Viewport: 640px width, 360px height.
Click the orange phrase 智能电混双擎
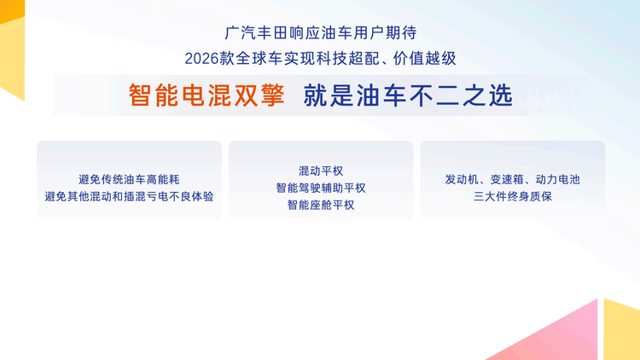click(x=206, y=96)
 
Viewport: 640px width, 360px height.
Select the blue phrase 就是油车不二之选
click(x=407, y=96)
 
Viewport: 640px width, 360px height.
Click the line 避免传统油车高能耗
click(x=129, y=179)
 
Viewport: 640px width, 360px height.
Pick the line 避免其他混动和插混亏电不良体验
click(x=129, y=196)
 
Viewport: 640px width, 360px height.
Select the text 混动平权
click(x=321, y=171)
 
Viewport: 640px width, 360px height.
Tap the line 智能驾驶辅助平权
click(x=321, y=188)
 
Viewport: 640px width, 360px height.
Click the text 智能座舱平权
click(x=321, y=205)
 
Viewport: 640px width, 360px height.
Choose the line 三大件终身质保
click(x=513, y=196)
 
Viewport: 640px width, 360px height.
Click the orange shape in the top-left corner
click(x=10, y=43)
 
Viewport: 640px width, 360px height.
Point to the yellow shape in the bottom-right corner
click(x=623, y=333)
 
